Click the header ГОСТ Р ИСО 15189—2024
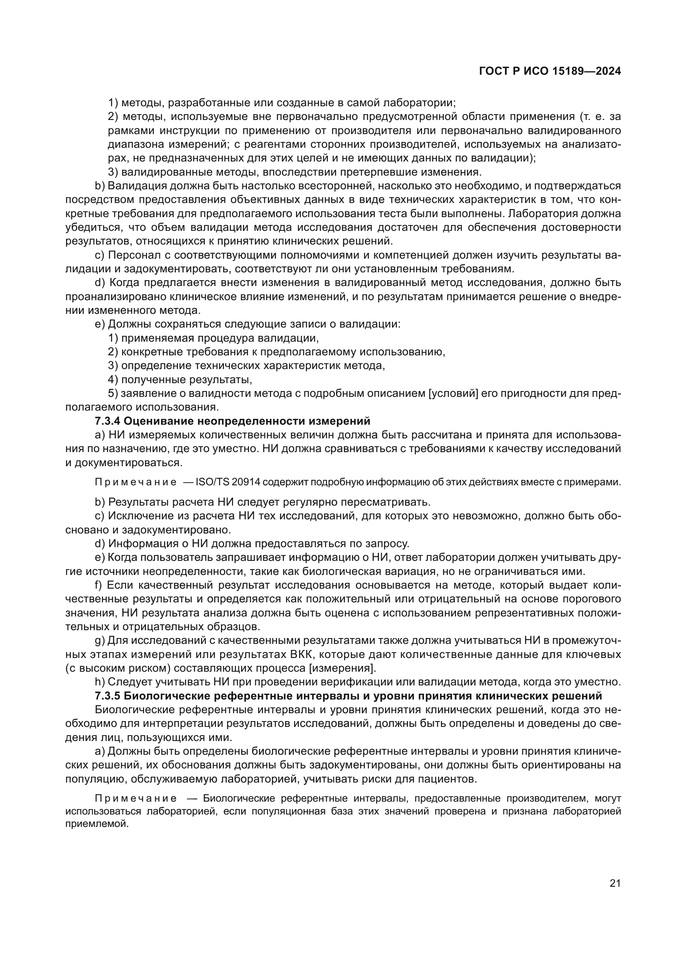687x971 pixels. (550, 71)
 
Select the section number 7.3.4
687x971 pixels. (108, 421)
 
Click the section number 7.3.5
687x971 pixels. (108, 696)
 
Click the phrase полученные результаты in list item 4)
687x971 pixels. (186, 380)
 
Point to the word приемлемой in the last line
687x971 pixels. (96, 824)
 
